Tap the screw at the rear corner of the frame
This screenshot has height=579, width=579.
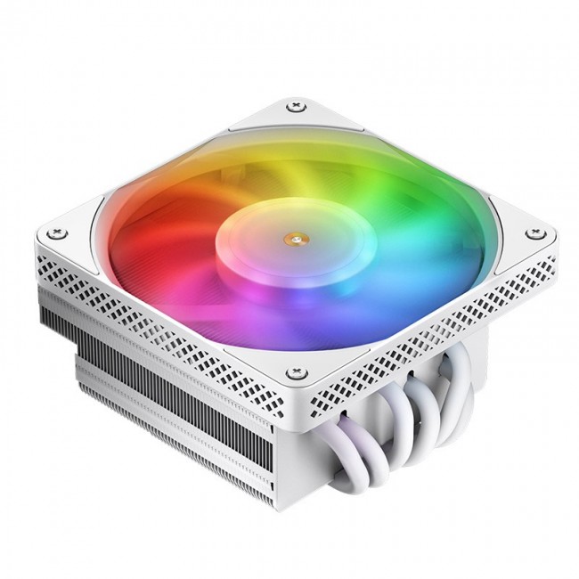pyautogui.click(x=293, y=108)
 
